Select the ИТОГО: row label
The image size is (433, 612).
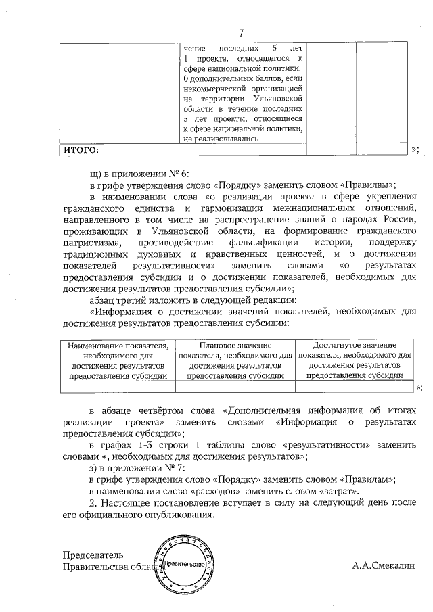[81, 149]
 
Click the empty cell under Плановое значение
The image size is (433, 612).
[235, 387]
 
